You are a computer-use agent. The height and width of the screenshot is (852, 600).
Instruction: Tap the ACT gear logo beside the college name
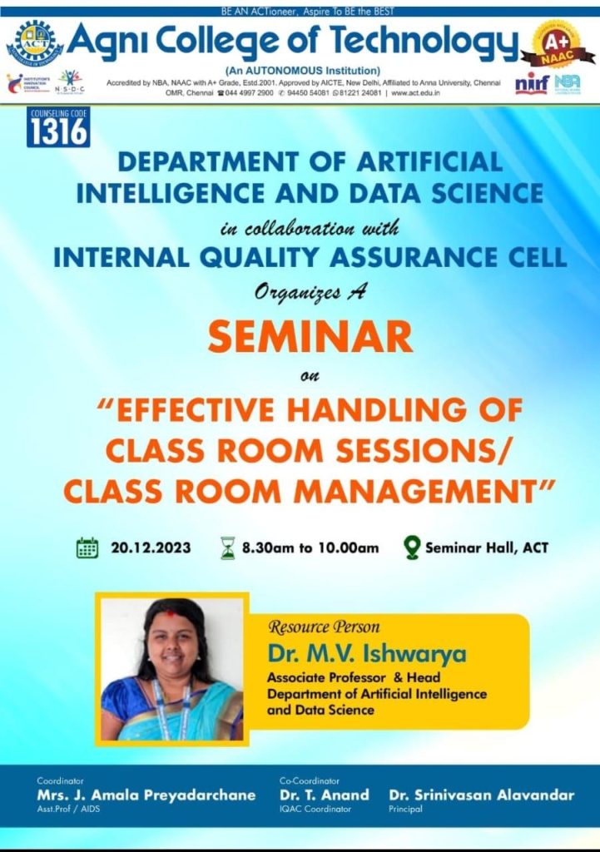34,42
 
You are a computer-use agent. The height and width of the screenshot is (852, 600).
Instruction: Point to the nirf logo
532,83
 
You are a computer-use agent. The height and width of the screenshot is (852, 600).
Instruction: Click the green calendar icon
87,547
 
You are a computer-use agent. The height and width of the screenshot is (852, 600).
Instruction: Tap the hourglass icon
228,547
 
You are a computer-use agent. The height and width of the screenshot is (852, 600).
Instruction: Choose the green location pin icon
411,547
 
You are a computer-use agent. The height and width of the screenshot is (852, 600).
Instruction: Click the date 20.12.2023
151,547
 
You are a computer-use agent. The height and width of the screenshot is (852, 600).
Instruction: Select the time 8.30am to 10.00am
310,547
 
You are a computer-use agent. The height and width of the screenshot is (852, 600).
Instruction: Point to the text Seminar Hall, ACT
487,547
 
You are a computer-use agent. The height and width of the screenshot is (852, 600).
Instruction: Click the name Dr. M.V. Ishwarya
367,653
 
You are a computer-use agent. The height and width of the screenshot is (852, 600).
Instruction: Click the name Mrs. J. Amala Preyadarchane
146,795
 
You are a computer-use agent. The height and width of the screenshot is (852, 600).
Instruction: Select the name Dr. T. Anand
325,795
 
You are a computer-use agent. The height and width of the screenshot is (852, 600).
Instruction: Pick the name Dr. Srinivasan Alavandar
482,795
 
